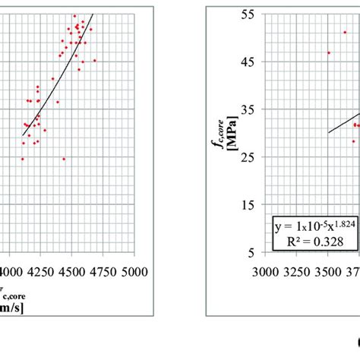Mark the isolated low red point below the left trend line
(x=64, y=159)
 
